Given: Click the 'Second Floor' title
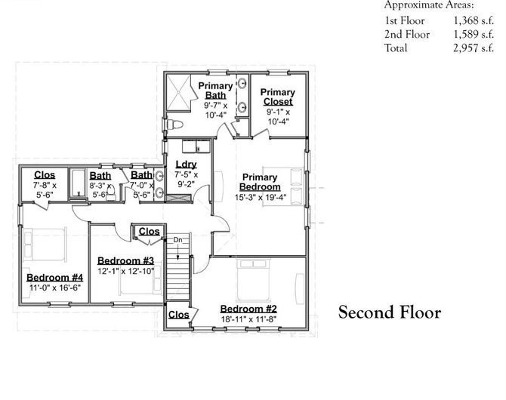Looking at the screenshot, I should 389,312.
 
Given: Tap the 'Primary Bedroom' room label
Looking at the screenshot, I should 260,182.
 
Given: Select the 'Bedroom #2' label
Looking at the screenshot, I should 249,308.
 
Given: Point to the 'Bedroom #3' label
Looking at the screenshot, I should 125,260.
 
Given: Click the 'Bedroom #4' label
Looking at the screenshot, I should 55,276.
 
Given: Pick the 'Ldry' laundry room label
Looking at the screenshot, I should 186,165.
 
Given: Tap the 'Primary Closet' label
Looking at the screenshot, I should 278,97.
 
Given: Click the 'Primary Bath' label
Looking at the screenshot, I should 216,91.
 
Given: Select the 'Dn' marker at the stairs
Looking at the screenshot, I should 178,240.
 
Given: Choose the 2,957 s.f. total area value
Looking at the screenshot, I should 473,48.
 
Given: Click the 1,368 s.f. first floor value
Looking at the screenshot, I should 473,21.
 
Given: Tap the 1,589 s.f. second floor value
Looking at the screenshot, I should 473,35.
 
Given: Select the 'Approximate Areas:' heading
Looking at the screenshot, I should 429,5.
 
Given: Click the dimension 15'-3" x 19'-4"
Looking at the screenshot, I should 260,198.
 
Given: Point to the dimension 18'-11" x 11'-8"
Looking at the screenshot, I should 249,319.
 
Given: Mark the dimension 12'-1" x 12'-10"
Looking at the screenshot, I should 125,272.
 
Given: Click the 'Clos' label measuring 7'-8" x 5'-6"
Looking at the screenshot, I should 45,175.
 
